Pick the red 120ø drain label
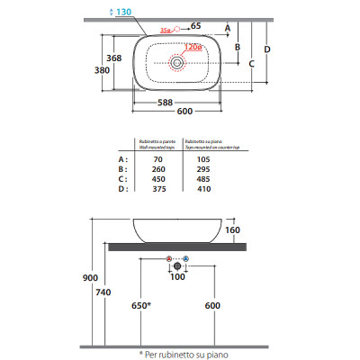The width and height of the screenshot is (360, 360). (193, 48)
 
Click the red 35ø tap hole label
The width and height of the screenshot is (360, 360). (164, 31)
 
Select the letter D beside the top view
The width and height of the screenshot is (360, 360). (267, 50)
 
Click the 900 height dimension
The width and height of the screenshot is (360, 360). (90, 278)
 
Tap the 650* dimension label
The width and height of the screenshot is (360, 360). (139, 306)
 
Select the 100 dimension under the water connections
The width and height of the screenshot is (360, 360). (176, 277)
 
